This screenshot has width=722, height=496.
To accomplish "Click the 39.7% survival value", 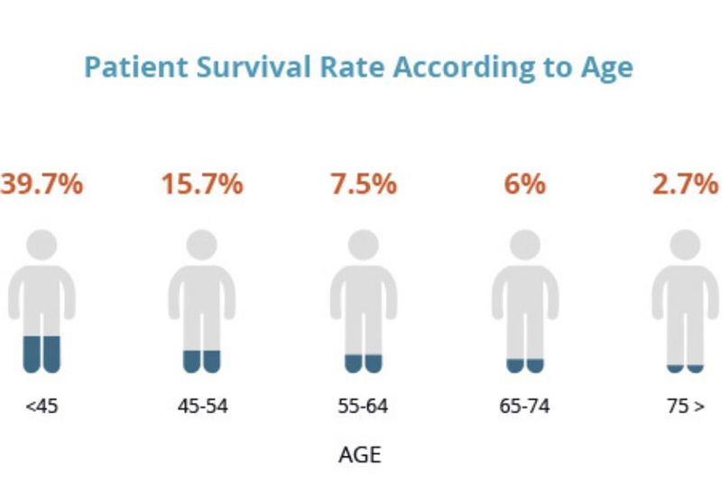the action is coord(42,184).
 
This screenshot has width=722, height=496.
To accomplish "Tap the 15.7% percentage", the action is coord(202,184).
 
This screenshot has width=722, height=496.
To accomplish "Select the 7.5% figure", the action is coord(364,184).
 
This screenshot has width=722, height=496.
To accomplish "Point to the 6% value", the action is coord(525,184).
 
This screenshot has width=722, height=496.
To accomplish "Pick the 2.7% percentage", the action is coord(686,184).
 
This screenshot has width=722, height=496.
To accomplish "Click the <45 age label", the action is coord(42,407).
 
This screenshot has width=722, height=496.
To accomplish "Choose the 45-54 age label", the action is coord(202,407).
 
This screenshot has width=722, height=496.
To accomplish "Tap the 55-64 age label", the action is coord(364,407).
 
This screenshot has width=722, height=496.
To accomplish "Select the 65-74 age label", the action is coord(524,407).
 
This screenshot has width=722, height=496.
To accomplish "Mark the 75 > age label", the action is coord(686,407).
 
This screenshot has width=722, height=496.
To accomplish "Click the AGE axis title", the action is coord(360,455).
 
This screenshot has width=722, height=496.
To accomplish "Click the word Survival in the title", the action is coord(254,67).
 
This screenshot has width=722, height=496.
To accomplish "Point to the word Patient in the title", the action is coord(137,67).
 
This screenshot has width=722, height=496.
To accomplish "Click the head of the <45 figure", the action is coord(42,245).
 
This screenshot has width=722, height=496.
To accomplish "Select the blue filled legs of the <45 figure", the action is coord(42,354).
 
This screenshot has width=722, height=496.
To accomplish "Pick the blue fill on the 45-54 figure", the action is coord(201,362).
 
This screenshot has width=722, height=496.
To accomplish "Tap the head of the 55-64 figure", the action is coord(364,245).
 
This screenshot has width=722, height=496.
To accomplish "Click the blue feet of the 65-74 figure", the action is coord(525,366).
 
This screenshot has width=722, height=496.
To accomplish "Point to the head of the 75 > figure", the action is coord(685,245).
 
